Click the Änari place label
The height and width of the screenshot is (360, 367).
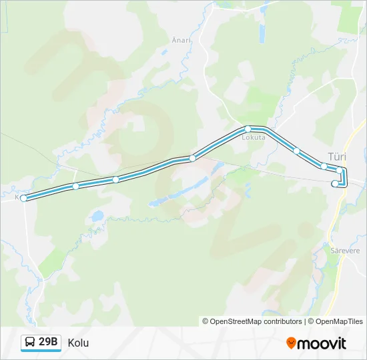pyautogui.click(x=181, y=39)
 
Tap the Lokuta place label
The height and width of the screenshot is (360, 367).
pyautogui.click(x=254, y=137)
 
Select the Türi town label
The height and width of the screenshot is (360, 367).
pyautogui.click(x=337, y=155)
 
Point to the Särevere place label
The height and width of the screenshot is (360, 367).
pyautogui.click(x=345, y=251)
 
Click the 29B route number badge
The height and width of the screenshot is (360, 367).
pyautogui.click(x=48, y=343)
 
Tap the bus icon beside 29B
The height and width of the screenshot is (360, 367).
pyautogui.click(x=30, y=343)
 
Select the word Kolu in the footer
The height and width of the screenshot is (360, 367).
pyautogui.click(x=78, y=343)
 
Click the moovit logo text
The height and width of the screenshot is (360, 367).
pyautogui.click(x=322, y=343)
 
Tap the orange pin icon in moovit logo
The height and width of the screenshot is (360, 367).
pyautogui.click(x=291, y=343)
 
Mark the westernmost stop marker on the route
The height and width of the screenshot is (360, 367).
pyautogui.click(x=24, y=198)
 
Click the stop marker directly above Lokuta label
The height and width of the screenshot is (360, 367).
pyautogui.click(x=248, y=129)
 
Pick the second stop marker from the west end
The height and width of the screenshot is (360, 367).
pyautogui.click(x=76, y=186)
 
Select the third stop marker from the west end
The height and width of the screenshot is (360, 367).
pyautogui.click(x=115, y=179)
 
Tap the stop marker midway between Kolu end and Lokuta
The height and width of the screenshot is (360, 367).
pyautogui.click(x=192, y=158)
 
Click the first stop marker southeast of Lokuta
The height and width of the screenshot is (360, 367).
pyautogui.click(x=297, y=151)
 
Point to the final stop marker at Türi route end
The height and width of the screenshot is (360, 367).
pyautogui.click(x=335, y=183)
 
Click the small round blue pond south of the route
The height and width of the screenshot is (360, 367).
pyautogui.click(x=98, y=216)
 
